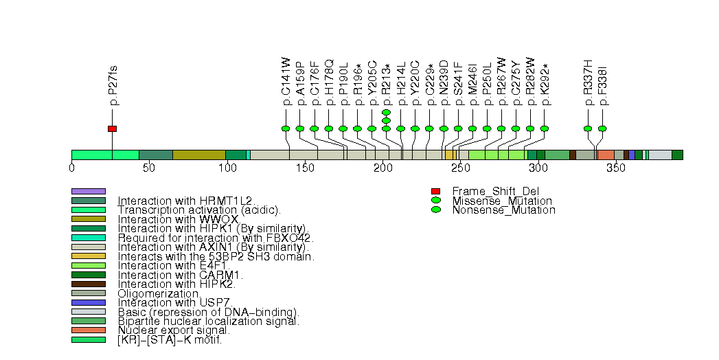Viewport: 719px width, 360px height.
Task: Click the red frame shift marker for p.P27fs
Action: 112,128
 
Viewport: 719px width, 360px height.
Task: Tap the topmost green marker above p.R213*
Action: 386,112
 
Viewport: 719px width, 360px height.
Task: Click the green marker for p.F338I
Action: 602,128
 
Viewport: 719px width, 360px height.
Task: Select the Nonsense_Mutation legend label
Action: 503,210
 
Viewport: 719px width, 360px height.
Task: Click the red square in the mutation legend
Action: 435,191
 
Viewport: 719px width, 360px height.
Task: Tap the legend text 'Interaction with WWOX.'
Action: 178,219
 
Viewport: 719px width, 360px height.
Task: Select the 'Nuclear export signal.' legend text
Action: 174,330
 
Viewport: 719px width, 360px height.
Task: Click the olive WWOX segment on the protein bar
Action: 198,155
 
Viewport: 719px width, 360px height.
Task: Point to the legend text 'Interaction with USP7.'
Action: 175,302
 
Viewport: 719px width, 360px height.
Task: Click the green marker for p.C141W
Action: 286,128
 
